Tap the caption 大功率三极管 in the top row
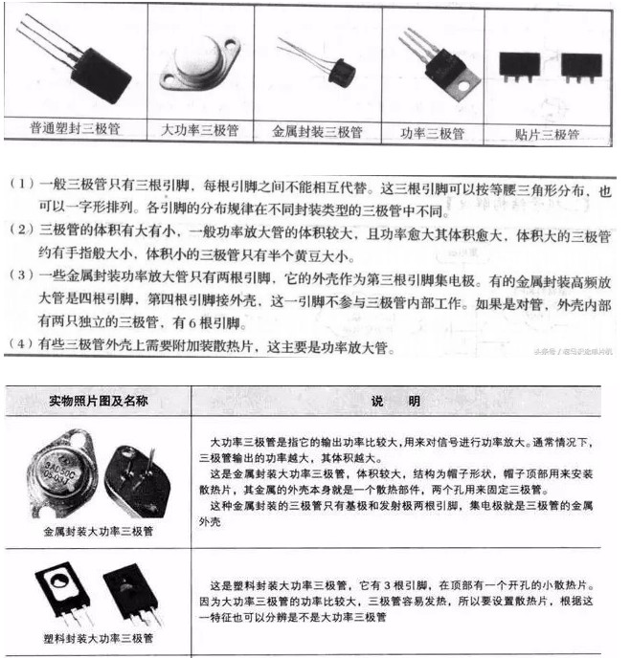[x=199, y=128]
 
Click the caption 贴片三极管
[x=548, y=133]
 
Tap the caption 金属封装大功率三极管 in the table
[x=98, y=529]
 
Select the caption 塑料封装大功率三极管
[x=98, y=636]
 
